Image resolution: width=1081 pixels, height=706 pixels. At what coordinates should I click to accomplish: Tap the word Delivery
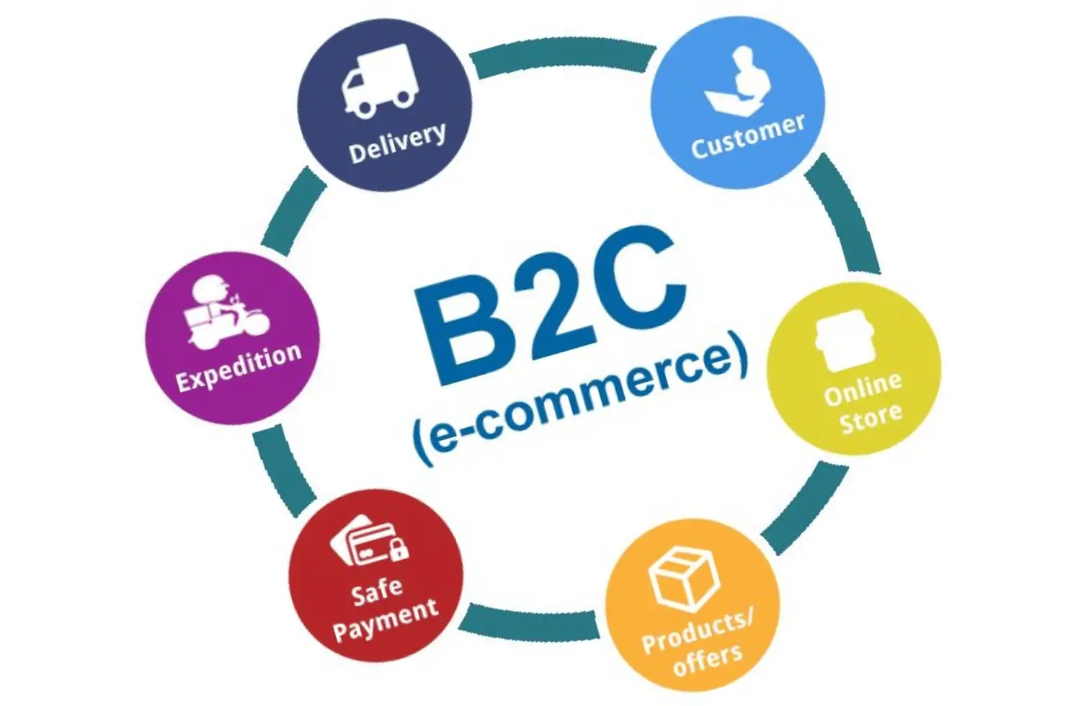point(397,142)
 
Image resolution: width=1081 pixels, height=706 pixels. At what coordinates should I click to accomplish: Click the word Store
point(871,419)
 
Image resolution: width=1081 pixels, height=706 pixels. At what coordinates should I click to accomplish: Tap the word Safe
point(377,591)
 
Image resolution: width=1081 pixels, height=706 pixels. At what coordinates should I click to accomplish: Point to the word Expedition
point(238,367)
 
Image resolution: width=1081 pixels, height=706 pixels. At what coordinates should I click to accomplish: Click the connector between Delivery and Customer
point(562,59)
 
